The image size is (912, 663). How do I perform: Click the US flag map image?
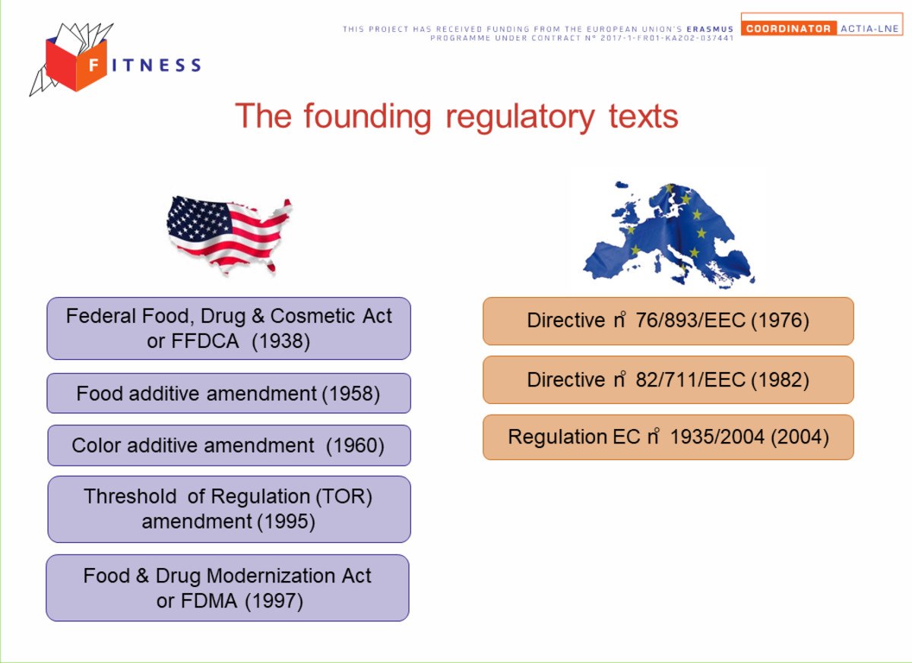230,235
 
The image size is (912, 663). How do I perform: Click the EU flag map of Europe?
669,235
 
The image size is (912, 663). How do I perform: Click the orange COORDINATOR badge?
789,28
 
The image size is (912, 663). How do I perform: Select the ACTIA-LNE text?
869,28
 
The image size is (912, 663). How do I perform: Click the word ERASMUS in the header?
710,30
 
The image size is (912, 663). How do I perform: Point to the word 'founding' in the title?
367,118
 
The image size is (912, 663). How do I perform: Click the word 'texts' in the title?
643,117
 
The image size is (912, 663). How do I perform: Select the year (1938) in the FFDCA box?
281,341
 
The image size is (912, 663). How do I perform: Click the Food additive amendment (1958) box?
229,393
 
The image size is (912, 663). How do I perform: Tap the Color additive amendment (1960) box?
230,445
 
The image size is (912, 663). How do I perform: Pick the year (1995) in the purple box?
286,522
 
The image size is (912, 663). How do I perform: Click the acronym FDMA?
209,601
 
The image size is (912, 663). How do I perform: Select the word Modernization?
271,576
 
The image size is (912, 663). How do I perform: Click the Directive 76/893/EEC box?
668,321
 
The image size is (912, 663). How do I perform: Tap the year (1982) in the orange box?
780,380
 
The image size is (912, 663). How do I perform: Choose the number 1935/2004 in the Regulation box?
717,437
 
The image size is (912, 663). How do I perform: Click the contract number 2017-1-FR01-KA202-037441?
667,38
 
